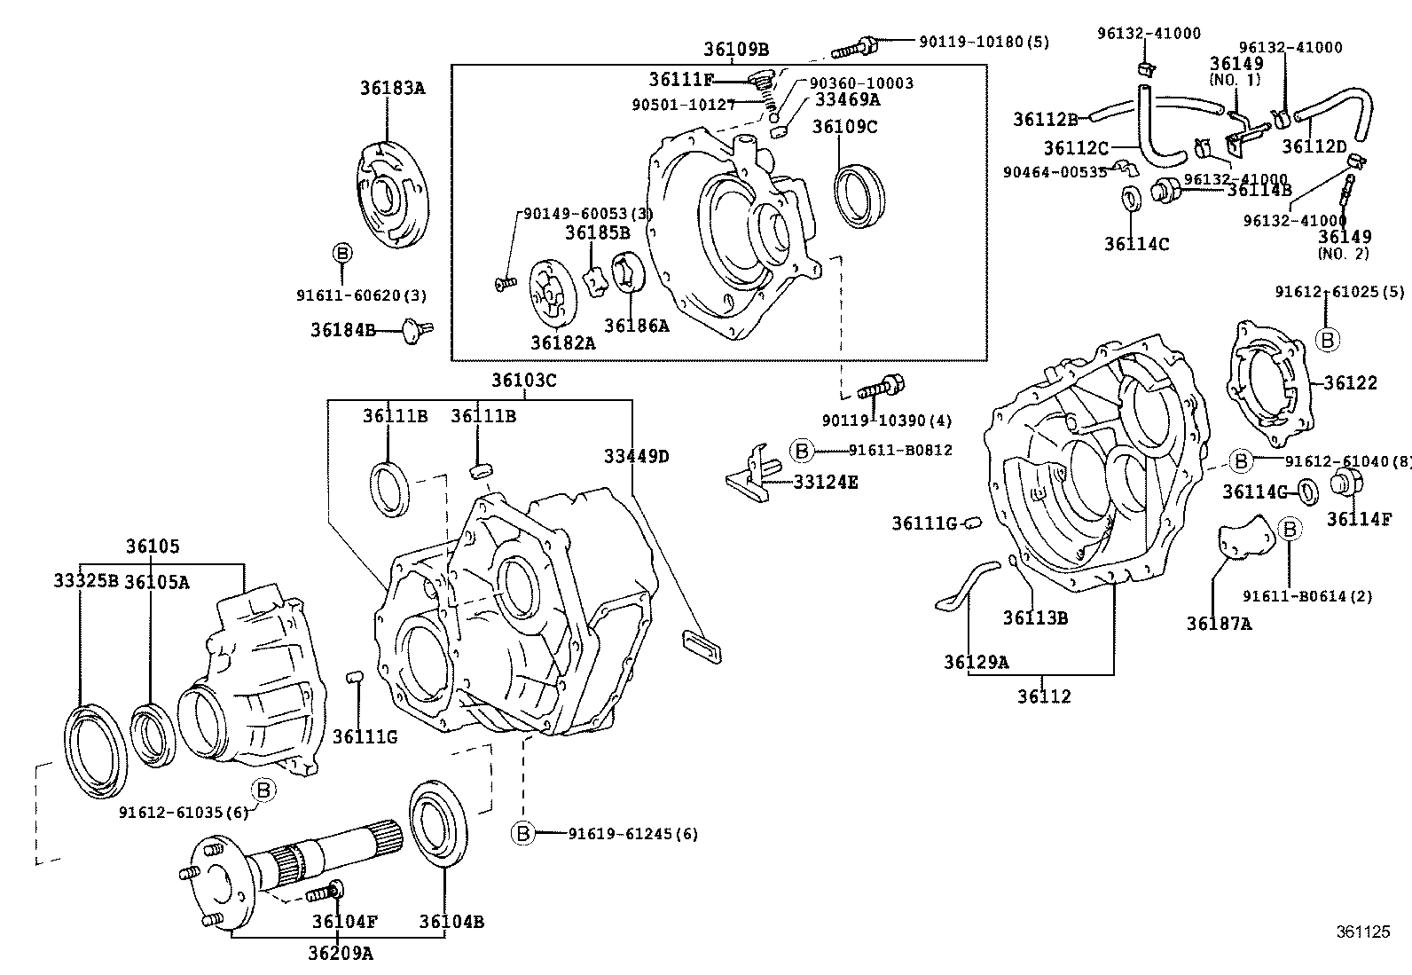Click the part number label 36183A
[x=392, y=88]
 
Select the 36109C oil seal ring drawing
[x=859, y=195]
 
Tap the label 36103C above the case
[x=524, y=381]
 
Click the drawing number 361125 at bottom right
[x=1362, y=932]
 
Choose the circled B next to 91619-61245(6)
[x=523, y=833]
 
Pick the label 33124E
[x=825, y=483]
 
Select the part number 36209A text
[x=341, y=954]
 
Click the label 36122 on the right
[x=1350, y=382]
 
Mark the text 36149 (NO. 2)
[x=1344, y=244]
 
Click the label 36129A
[x=976, y=661]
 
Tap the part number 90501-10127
[x=683, y=105]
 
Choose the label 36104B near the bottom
[x=451, y=922]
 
